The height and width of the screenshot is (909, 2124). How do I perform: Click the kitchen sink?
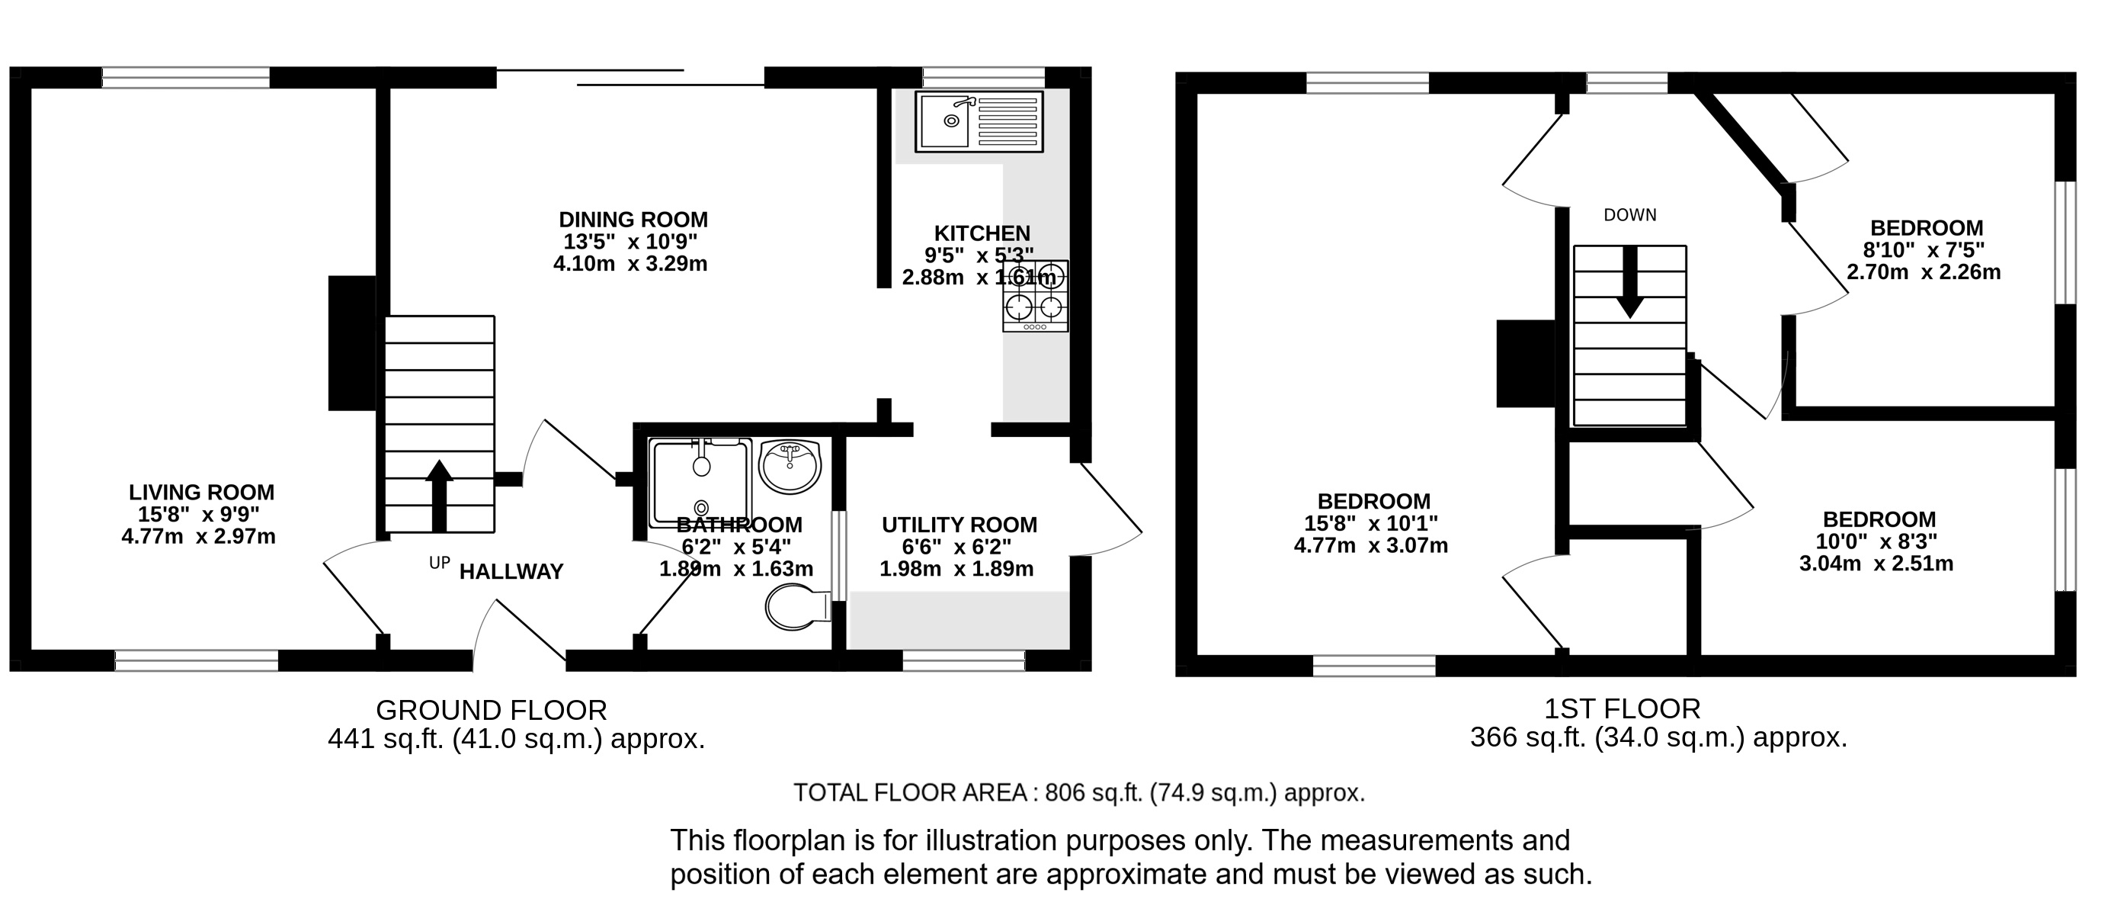979,121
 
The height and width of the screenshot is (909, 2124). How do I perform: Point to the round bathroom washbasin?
790,466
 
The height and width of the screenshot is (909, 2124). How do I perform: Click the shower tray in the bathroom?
701,483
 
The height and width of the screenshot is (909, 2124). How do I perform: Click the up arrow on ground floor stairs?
439,496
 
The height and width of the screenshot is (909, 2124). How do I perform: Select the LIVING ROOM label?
201,493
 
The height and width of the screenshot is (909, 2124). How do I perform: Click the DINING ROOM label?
633,220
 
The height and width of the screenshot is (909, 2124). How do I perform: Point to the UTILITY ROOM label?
959,525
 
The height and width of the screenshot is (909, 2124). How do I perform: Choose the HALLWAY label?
511,572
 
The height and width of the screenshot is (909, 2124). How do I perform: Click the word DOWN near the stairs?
1630,215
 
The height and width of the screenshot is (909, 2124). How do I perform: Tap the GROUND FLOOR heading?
492,710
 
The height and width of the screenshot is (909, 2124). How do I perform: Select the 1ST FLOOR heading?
1622,708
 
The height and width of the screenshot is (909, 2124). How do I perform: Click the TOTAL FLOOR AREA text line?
1079,792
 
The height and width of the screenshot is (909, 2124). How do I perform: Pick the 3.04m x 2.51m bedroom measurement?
1876,564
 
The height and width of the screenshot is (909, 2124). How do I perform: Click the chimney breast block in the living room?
352,343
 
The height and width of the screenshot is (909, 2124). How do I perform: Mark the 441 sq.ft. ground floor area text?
517,738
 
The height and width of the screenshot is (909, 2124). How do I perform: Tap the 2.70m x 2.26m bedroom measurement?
1924,272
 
